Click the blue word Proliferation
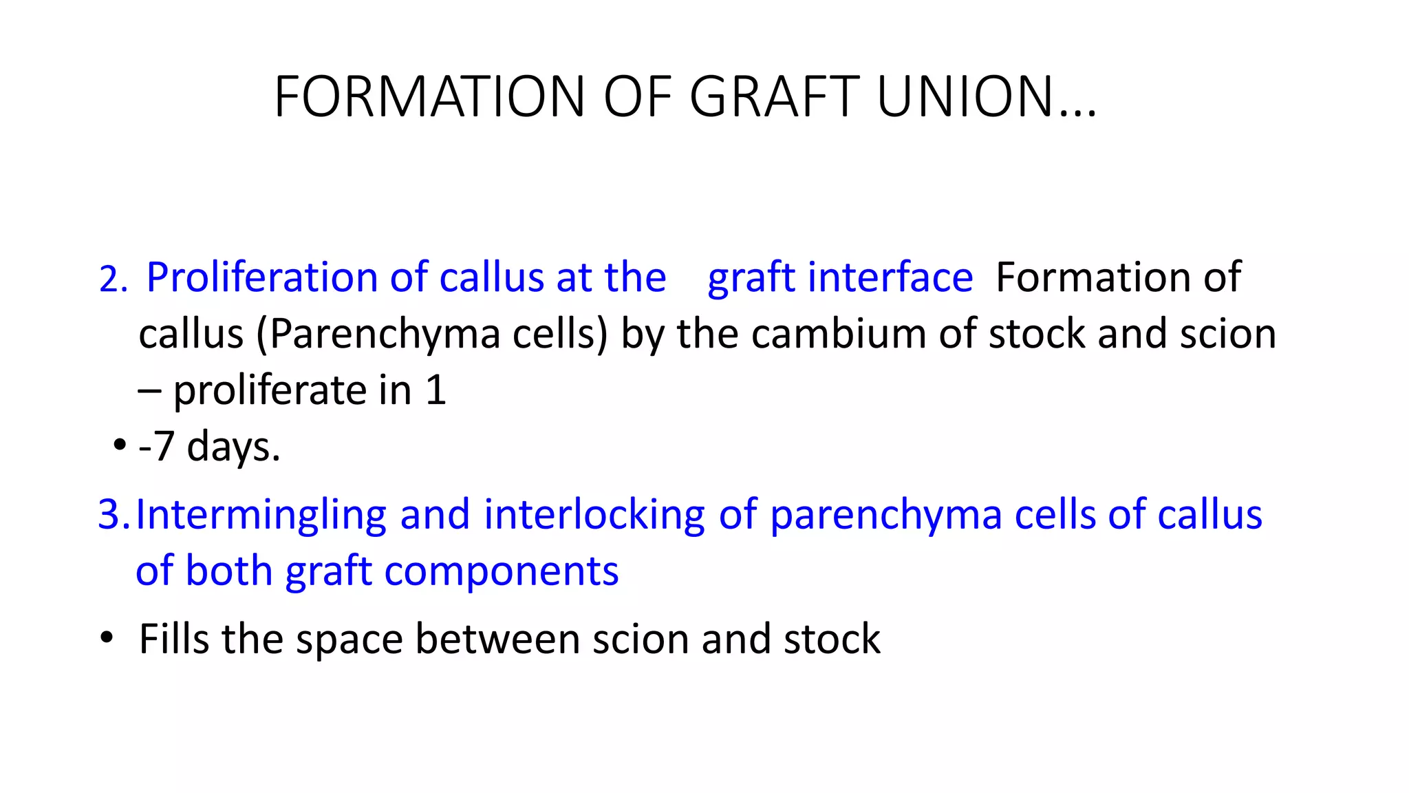pyautogui.click(x=262, y=277)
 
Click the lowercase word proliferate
pyautogui.click(x=269, y=390)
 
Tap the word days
pyautogui.click(x=233, y=447)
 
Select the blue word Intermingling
pyautogui.click(x=261, y=515)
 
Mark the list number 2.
pyautogui.click(x=111, y=279)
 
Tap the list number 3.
pyautogui.click(x=111, y=515)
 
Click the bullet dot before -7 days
pyautogui.click(x=120, y=445)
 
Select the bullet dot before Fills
pyautogui.click(x=106, y=637)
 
